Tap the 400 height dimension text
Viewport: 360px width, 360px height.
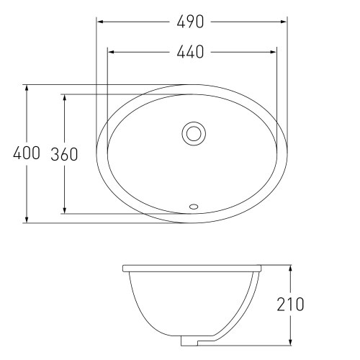[x=27, y=154]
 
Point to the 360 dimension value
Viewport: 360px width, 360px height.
[x=65, y=154]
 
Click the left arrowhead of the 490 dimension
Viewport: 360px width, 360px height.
[x=100, y=22]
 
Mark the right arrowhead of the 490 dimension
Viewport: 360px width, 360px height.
[x=286, y=22]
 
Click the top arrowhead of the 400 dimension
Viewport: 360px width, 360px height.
[x=27, y=88]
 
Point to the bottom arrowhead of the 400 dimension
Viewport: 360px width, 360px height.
[x=27, y=219]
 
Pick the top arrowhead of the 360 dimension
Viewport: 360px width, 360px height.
[x=65, y=97]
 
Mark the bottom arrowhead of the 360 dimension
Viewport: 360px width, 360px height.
[x=65, y=210]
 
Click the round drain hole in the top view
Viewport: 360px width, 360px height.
[x=193, y=132]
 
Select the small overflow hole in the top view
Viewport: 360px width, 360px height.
[x=192, y=207]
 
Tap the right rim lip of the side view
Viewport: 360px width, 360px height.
[x=260, y=268]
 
